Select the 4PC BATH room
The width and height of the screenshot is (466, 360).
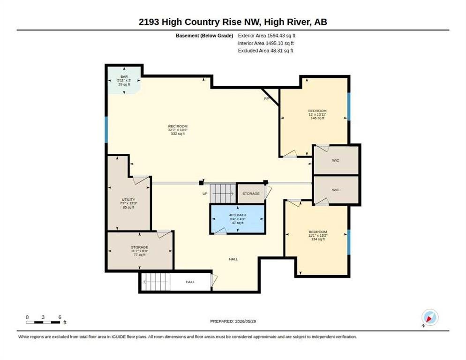pos(238,219)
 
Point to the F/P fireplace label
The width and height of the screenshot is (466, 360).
pos(267,98)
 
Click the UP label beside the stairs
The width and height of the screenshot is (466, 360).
pos(205,194)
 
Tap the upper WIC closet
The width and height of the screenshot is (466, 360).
pos(336,160)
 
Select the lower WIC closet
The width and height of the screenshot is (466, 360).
pos(336,190)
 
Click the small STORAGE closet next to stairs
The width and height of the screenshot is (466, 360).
pos(251,194)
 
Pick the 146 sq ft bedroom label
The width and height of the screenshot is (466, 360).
pos(317,114)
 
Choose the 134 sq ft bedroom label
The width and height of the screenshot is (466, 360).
pos(318,235)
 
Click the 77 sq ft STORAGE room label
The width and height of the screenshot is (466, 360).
pos(139,251)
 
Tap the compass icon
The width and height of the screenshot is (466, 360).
pos(430,317)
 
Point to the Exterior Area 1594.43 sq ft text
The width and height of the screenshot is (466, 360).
pos(267,35)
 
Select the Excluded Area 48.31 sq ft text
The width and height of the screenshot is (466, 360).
pos(266,51)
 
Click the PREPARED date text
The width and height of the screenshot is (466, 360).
pos(233,321)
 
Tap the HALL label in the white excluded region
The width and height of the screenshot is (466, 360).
pos(190,282)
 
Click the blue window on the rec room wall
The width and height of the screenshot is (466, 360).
pos(106,130)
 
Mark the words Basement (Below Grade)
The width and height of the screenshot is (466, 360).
pos(204,36)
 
